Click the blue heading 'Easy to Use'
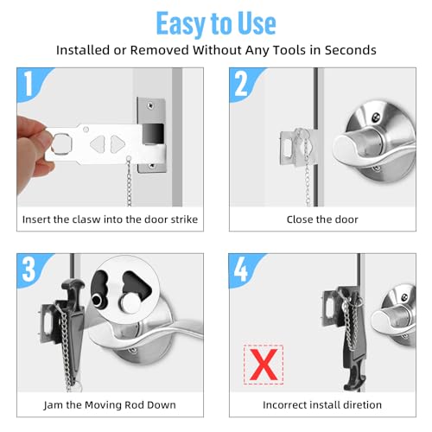[216, 22]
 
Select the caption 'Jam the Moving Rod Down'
[109, 404]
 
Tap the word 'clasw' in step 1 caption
[88, 219]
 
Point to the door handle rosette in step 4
[397, 320]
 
